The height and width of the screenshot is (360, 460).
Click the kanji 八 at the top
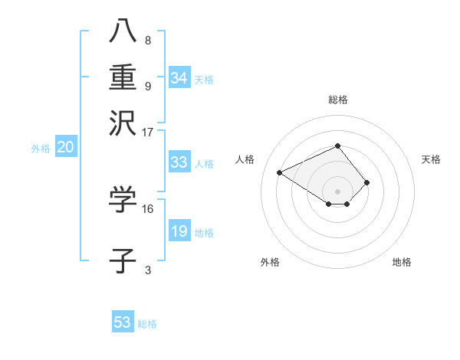(123, 31)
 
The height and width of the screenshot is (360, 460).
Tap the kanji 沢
(123, 123)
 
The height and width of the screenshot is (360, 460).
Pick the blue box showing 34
(179, 78)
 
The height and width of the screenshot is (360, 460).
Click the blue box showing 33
(179, 162)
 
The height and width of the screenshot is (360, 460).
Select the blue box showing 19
(179, 231)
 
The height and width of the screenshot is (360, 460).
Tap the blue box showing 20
(65, 148)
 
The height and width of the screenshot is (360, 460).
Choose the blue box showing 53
(123, 322)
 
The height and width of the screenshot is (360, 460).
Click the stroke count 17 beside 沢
(148, 132)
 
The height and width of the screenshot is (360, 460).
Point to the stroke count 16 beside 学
(148, 208)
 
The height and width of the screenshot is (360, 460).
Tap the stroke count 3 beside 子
(148, 270)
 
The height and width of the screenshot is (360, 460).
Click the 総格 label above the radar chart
(337, 100)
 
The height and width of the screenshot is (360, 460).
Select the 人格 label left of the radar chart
(245, 159)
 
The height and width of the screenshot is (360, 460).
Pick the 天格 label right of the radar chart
(431, 159)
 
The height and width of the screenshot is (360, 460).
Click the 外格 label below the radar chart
(270, 263)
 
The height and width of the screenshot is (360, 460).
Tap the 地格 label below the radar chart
(402, 263)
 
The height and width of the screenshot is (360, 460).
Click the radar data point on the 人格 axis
(280, 172)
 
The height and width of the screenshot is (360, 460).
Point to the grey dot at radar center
(337, 191)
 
